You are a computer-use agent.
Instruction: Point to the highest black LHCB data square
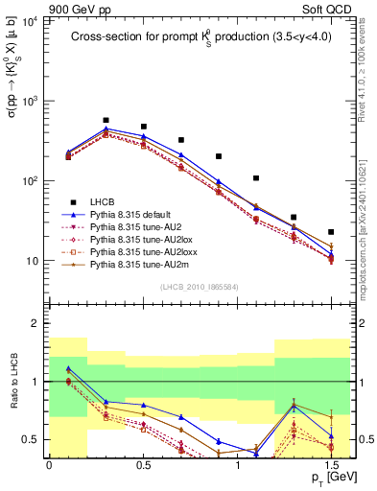tap(106, 121)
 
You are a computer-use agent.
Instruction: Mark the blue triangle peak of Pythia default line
tap(106, 129)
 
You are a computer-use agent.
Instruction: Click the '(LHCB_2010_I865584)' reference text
tap(200, 287)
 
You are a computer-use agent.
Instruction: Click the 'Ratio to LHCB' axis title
tap(15, 382)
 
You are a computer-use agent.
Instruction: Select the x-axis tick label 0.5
tap(143, 463)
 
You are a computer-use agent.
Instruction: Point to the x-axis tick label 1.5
tap(331, 463)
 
